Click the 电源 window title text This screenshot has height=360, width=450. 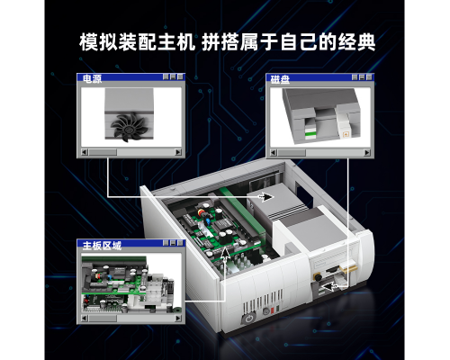coord(93,78)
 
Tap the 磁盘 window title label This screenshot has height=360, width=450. coord(280,79)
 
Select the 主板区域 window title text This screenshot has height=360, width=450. coord(102,246)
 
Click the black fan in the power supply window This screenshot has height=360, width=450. coord(129,127)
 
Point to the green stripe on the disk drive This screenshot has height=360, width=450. coord(310,134)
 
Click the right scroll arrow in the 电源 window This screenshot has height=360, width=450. coord(178,152)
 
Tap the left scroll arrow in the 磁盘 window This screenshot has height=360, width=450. coord(273,153)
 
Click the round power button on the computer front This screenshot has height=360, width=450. coord(248,319)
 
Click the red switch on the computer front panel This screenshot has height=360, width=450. coord(273,310)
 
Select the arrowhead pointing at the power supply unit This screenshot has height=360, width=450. coord(265,197)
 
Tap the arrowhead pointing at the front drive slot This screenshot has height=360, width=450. coord(329,286)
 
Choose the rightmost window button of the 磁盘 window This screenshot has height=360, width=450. coord(369,77)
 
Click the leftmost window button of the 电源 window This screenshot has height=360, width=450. coord(166,76)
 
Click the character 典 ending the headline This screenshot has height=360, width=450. coord(366,42)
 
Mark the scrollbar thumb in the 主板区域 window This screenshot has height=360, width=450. coord(103,318)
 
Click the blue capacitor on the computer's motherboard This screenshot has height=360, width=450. coord(208,222)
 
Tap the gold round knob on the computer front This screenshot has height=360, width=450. coord(317,276)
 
